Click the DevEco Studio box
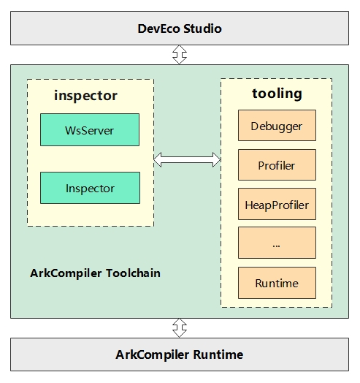[x=180, y=28]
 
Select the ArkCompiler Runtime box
[x=180, y=354]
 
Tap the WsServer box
[x=90, y=129]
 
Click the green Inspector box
[x=90, y=188]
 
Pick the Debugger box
[x=277, y=125]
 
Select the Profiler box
[x=277, y=165]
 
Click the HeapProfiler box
[x=277, y=204]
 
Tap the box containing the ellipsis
[x=277, y=243]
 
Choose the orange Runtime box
[x=277, y=283]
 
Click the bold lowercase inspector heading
[x=85, y=95]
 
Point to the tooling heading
[x=277, y=94]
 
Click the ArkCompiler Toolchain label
[x=95, y=273]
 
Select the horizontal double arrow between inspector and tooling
[x=187, y=160]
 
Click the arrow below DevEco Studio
[x=180, y=55]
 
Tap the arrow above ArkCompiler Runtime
[x=180, y=328]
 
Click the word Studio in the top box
[x=202, y=29]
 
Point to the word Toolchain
[x=133, y=273]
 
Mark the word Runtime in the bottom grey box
[x=218, y=354]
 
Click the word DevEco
[x=159, y=29]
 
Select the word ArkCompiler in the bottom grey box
[x=153, y=355]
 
